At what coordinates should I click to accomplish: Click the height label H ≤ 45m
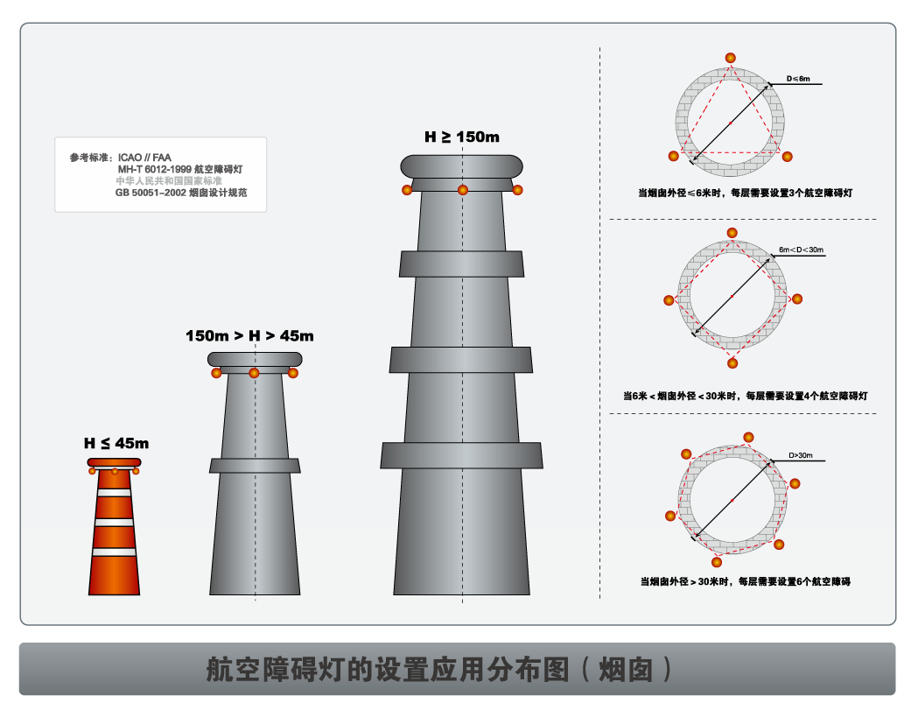tap(116, 443)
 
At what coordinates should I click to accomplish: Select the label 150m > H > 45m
tap(249, 335)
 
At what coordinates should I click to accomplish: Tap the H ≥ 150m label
tap(461, 137)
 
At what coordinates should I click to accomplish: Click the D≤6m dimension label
tap(798, 79)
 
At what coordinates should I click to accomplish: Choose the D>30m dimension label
tap(801, 455)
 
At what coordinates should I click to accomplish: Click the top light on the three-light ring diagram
tap(730, 58)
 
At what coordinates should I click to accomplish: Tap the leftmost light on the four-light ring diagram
tap(669, 300)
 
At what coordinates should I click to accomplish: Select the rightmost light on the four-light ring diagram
tap(796, 299)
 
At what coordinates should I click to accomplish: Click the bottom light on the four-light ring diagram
tap(732, 362)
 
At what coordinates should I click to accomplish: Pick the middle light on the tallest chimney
tap(463, 190)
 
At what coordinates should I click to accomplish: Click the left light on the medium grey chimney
tap(216, 374)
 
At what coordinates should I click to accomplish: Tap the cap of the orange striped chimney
tap(114, 462)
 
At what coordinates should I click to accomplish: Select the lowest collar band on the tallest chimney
tap(461, 455)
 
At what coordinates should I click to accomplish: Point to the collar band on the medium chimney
tap(255, 466)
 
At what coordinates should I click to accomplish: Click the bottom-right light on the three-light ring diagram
tap(787, 157)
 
